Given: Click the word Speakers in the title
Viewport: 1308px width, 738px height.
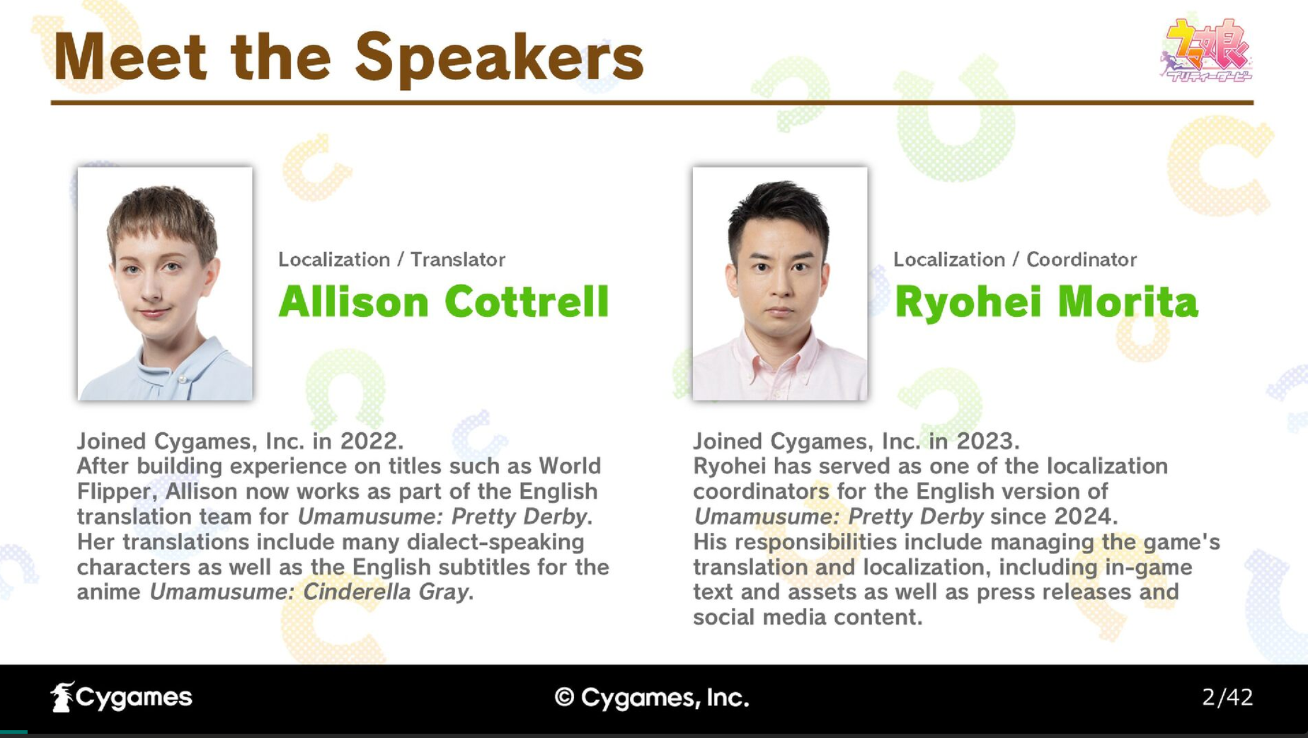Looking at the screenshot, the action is coord(499,59).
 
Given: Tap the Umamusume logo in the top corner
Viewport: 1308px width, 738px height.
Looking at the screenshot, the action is coord(1206,50).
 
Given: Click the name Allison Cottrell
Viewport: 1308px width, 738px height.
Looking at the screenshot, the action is coord(444,302).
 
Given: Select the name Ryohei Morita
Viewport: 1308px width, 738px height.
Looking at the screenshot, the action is coord(1046,303).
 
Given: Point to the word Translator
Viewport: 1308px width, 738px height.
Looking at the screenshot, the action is coord(458,260).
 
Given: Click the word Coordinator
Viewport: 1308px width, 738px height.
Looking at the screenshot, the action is coord(1082,260).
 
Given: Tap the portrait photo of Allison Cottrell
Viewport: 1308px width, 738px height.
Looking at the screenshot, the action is coord(165,284).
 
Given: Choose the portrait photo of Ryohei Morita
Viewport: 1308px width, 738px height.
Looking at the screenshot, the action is coord(780,284).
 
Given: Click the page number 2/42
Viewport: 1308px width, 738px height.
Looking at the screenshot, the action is coord(1227,698).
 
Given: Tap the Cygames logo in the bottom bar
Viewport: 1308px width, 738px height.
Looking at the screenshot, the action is coord(122,698).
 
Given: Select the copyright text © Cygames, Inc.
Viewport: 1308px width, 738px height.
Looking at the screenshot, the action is coord(652,698).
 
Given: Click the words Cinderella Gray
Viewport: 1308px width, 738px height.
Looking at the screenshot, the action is coord(386,592).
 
